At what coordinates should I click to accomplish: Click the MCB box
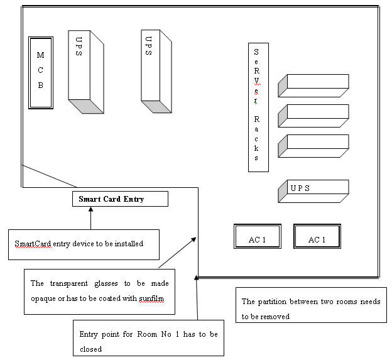[x=41, y=73]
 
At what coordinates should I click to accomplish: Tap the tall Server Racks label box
[x=258, y=107]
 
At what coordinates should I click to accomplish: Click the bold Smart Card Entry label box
[x=120, y=199]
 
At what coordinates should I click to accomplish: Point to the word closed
[x=90, y=348]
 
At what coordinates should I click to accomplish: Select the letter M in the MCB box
[x=40, y=56]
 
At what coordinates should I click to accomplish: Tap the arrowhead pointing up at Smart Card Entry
[x=91, y=210]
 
